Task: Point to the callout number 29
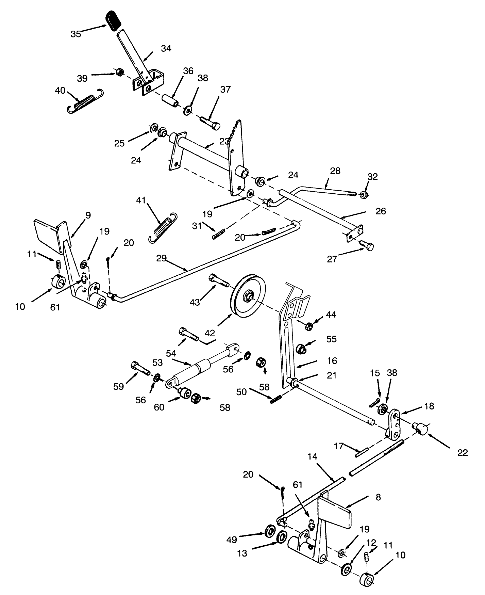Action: pos(162,258)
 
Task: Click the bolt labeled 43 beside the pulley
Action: pos(218,280)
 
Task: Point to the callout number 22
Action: pos(463,453)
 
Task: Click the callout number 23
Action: pos(224,141)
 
